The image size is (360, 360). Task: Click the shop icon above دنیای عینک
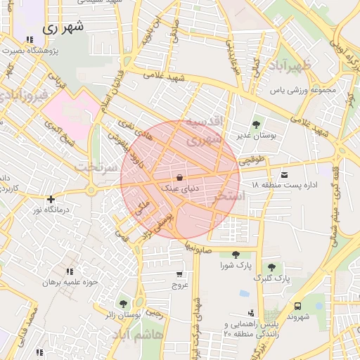pyautogui.click(x=180, y=177)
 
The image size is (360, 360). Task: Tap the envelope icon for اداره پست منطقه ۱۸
pyautogui.click(x=284, y=174)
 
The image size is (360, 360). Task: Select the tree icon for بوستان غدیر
pyautogui.click(x=256, y=124)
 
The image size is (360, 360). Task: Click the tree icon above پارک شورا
pyautogui.click(x=236, y=255)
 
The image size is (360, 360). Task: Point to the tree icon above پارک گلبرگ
pyautogui.click(x=271, y=267)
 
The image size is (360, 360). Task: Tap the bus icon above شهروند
pyautogui.click(x=298, y=306)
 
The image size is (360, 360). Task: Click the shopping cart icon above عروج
pyautogui.click(x=179, y=274)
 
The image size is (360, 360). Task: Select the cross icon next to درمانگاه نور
pyautogui.click(x=50, y=199)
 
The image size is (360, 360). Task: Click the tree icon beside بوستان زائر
pyautogui.click(x=124, y=304)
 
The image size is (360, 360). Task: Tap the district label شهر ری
pyautogui.click(x=63, y=28)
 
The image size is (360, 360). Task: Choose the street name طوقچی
pyautogui.click(x=253, y=160)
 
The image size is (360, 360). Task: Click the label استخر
pyautogui.click(x=251, y=195)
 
